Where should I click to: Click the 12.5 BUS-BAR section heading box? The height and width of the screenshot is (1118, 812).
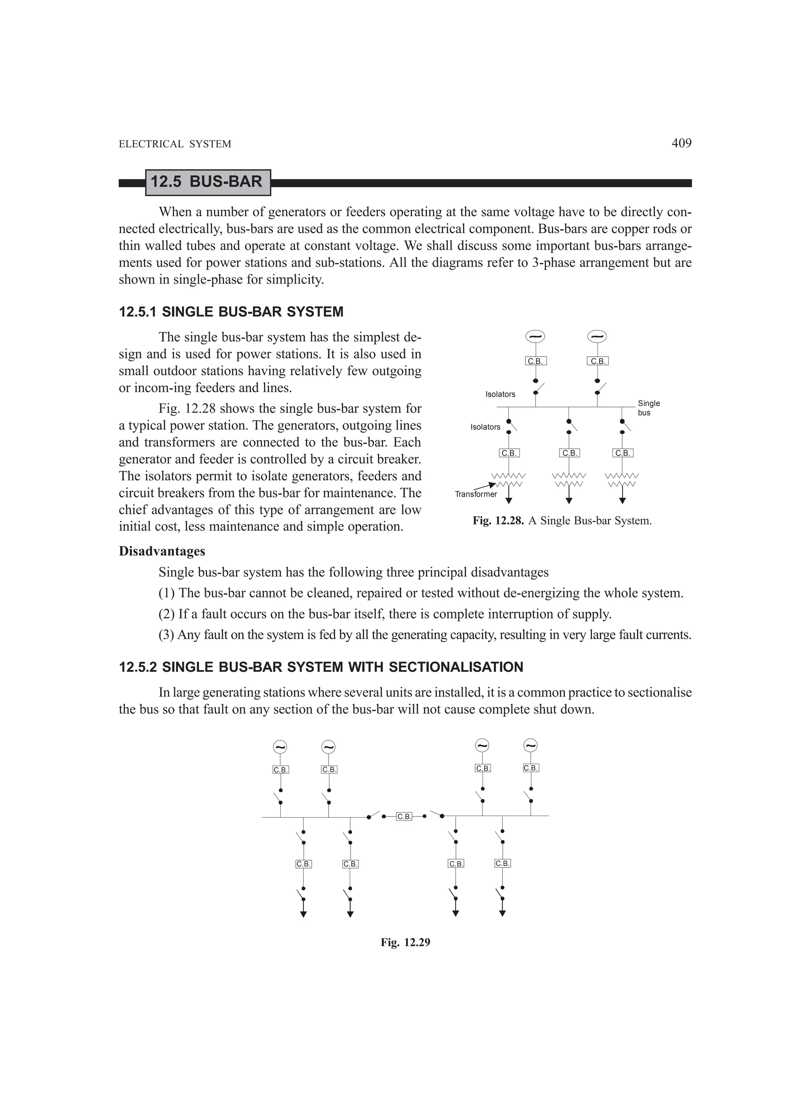(x=207, y=182)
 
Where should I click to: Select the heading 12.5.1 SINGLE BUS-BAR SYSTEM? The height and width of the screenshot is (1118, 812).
(x=231, y=312)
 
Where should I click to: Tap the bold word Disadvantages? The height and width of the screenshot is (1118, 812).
(x=162, y=551)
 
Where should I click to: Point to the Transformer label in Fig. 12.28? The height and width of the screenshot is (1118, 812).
(x=475, y=494)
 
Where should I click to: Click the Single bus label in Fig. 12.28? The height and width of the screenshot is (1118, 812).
(x=648, y=408)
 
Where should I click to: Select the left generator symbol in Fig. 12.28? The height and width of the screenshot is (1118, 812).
(x=535, y=337)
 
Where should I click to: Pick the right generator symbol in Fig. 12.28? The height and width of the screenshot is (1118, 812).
(x=597, y=337)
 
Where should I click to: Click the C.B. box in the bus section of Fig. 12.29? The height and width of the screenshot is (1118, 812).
(x=404, y=817)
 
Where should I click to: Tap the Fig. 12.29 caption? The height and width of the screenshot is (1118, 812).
(x=405, y=943)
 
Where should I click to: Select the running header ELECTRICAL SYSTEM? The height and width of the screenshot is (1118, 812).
(x=175, y=144)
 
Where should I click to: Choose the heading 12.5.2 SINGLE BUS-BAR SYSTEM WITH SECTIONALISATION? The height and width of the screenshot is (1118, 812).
(x=321, y=667)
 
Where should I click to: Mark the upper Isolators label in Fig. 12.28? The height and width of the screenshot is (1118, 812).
(x=500, y=394)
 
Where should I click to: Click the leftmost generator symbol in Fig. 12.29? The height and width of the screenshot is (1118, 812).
(x=280, y=747)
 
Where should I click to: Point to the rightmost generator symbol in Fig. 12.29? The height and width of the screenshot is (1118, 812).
(x=530, y=745)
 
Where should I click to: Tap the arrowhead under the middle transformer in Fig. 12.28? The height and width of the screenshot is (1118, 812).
(x=569, y=501)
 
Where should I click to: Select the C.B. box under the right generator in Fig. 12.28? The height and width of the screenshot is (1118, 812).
(x=598, y=361)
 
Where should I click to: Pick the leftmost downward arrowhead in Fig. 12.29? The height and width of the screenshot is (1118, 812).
(x=304, y=914)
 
